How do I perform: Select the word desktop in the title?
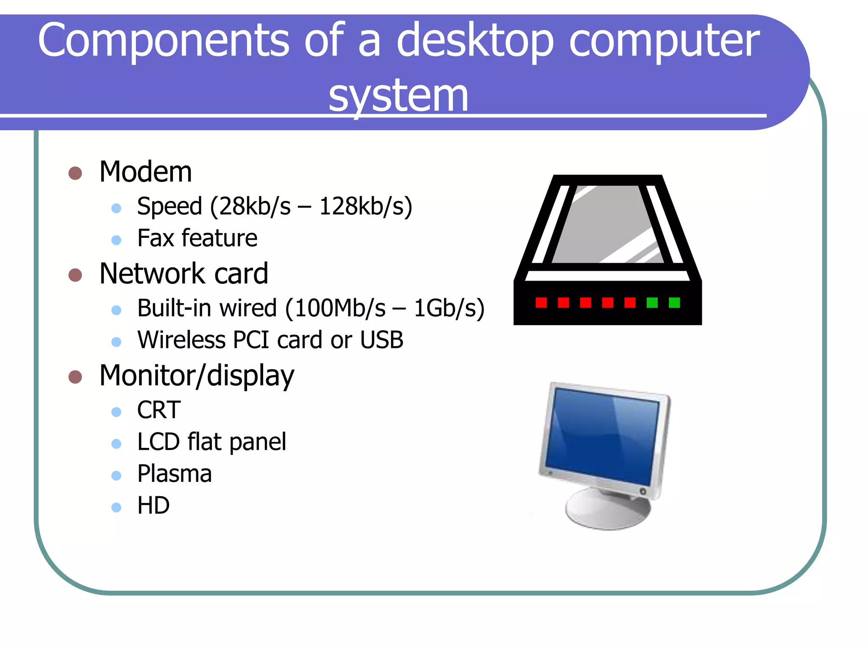pyautogui.click(x=475, y=40)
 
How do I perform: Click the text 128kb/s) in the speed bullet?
pyautogui.click(x=365, y=206)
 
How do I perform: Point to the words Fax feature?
pyautogui.click(x=197, y=238)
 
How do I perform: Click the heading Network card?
pyautogui.click(x=184, y=273)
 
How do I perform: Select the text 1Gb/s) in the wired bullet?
pyautogui.click(x=449, y=308)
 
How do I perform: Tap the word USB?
pyautogui.click(x=381, y=340)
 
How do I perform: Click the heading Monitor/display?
pyautogui.click(x=197, y=376)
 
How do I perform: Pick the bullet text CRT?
pyautogui.click(x=159, y=410)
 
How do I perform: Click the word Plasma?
pyautogui.click(x=174, y=474)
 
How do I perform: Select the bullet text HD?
pyautogui.click(x=153, y=506)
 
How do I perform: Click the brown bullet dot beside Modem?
pyautogui.click(x=75, y=173)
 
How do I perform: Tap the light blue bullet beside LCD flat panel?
pyautogui.click(x=116, y=444)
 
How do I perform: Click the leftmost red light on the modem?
pyautogui.click(x=541, y=303)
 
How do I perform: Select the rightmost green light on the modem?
pyautogui.click(x=674, y=303)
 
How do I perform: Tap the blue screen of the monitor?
pyautogui.click(x=602, y=437)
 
